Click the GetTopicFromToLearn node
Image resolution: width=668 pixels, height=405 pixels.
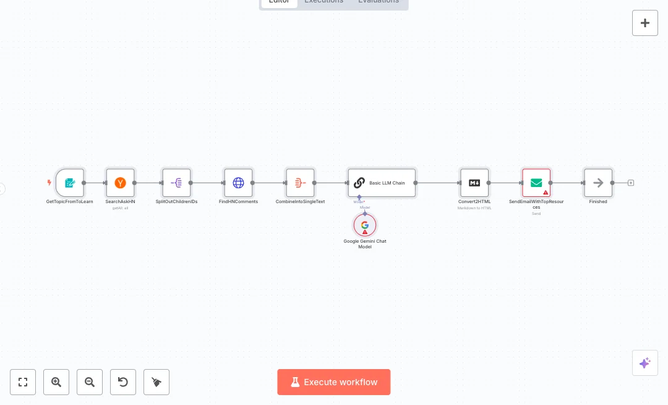coord(70,183)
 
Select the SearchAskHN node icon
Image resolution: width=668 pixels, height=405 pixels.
coord(120,183)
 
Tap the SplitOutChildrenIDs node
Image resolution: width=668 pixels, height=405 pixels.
coord(176,183)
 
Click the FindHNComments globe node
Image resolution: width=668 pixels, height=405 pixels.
coord(238,183)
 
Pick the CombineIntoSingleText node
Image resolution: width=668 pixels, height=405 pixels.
coord(300,183)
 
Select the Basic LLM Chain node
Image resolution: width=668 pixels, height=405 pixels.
coord(382,183)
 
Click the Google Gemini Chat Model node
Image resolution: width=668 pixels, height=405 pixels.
coord(365,225)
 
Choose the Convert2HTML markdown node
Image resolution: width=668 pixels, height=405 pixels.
coord(474,183)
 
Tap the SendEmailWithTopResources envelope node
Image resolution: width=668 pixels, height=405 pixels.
coord(536,183)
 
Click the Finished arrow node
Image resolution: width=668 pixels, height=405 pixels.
coord(598,183)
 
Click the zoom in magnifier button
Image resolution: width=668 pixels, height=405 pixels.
coord(56,382)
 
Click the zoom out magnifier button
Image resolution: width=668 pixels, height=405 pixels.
coord(90,382)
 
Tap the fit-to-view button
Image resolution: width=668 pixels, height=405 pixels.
coord(23,382)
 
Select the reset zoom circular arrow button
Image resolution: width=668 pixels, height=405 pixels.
coord(123,382)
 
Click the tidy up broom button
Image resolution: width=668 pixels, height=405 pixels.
coord(156,382)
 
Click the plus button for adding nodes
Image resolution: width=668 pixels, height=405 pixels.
coord(645,23)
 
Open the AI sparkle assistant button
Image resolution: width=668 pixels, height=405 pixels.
coord(645,363)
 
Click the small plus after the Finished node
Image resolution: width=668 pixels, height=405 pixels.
coord(631,183)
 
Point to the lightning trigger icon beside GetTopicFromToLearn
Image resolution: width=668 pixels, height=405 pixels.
coord(49,183)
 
